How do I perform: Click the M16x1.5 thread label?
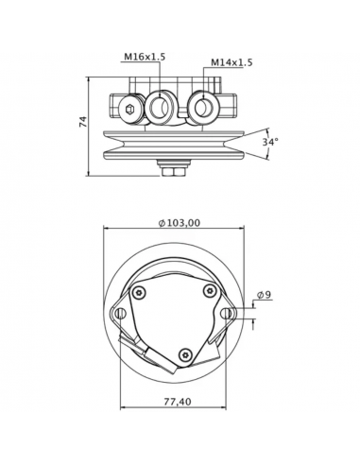pos(145,58)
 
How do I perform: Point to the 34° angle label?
pos(270,142)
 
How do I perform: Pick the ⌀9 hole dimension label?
pos(266,295)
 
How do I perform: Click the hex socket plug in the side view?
pos(129,110)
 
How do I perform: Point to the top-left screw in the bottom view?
pos(141,291)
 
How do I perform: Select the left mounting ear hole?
pos(120,314)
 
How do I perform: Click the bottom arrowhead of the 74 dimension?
pos(91,173)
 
